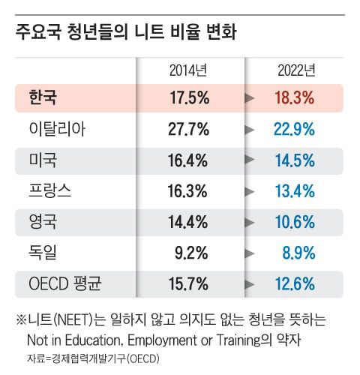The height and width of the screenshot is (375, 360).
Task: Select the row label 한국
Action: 42,97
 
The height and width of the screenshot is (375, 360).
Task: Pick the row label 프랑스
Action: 49,191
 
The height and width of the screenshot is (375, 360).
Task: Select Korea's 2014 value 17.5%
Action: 187,98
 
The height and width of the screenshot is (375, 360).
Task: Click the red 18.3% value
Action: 295,98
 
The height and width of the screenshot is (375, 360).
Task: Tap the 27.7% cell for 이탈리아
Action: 187,129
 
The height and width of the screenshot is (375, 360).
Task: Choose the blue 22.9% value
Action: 295,129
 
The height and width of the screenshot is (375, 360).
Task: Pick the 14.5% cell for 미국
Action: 295,160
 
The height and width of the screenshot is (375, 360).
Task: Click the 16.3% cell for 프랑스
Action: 187,191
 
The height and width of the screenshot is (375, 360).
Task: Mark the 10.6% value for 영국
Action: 295,223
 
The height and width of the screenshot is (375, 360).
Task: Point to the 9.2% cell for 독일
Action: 191,253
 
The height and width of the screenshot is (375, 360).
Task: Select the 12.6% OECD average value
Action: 295,284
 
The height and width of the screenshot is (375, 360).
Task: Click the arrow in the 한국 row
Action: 250,98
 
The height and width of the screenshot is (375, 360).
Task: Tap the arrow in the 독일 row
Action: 250,253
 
